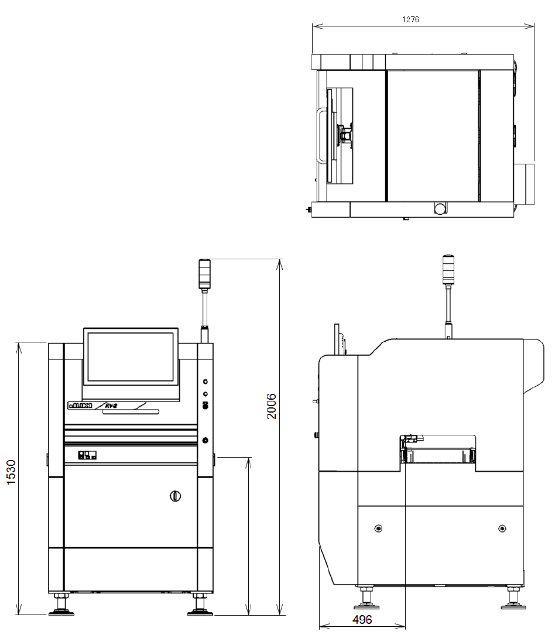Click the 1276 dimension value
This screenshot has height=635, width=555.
pyautogui.click(x=410, y=19)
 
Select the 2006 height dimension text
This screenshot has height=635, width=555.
pyautogui.click(x=272, y=406)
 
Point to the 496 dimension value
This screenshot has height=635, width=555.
pyautogui.click(x=363, y=620)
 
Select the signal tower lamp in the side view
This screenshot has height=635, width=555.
pyautogui.click(x=448, y=269)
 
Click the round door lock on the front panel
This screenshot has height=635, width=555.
pyautogui.click(x=174, y=496)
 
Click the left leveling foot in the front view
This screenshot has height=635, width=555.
pyautogui.click(x=60, y=605)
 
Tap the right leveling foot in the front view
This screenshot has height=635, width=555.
pyautogui.click(x=199, y=605)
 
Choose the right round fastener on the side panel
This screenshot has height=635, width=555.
pyautogui.click(x=502, y=529)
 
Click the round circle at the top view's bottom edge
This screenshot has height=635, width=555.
pyautogui.click(x=440, y=208)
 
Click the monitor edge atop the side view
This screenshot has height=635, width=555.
pyautogui.click(x=340, y=339)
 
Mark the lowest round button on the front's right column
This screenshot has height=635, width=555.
pyautogui.click(x=205, y=440)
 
